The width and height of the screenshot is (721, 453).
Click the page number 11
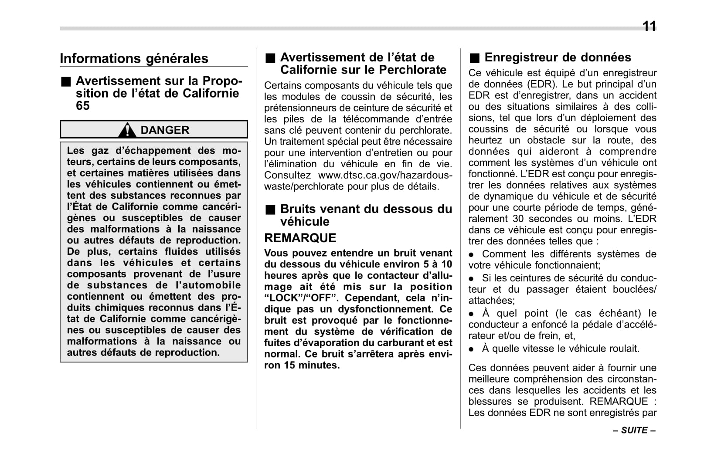649,27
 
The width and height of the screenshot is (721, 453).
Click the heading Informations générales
134,58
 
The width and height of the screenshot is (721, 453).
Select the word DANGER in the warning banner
165,130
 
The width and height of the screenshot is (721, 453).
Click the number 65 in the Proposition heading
83,106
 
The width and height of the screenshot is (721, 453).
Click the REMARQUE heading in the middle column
300,238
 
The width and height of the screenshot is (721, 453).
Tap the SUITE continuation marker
634,430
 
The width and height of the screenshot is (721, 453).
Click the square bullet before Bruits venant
271,210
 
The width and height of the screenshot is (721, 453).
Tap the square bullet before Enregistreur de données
474,58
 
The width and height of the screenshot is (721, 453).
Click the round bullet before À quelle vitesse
471,349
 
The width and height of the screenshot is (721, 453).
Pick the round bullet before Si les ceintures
471,279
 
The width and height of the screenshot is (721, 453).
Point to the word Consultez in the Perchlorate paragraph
287,176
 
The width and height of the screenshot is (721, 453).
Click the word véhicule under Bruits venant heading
305,222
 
